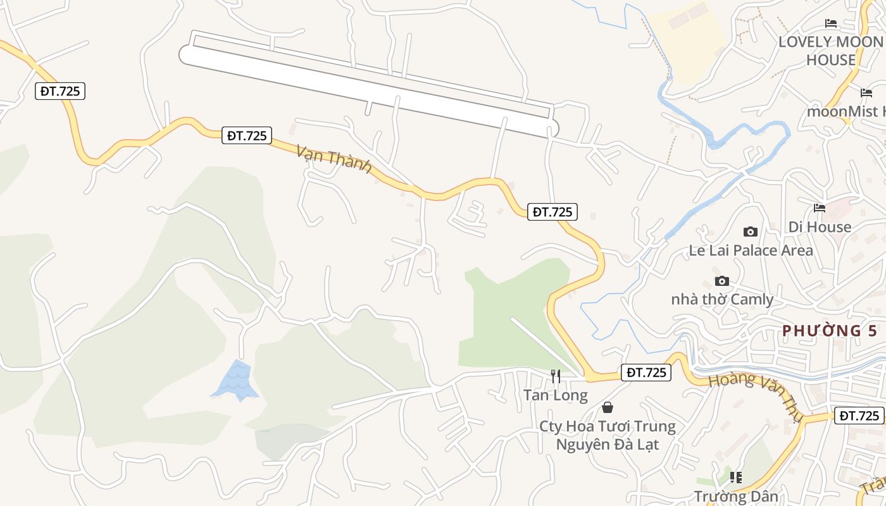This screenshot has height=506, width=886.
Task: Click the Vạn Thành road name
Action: pos(334,157)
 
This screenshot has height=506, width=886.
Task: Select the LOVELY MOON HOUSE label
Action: pos(830,51)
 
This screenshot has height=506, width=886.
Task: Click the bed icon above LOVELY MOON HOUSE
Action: pos(831,23)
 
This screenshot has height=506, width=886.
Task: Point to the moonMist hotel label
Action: pos(845,111)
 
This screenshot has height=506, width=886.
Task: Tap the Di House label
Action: pos(820,226)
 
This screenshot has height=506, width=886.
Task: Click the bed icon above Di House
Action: pos(820,207)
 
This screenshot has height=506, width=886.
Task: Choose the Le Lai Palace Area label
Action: pos(751,250)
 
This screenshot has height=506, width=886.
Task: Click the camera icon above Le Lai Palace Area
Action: pos(751,231)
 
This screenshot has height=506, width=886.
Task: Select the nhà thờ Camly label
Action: pos(722,299)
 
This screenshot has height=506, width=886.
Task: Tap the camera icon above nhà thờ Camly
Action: pos(721,281)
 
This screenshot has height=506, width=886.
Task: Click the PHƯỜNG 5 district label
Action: pos(830,330)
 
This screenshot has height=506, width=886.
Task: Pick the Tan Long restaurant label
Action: pos(555,395)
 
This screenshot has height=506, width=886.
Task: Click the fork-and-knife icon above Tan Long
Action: pos(555,376)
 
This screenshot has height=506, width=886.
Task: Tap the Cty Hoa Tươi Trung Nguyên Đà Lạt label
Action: pos(607,435)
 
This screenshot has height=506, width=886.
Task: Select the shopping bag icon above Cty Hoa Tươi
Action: pos(607,407)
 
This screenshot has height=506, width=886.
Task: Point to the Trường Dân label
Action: pos(736,496)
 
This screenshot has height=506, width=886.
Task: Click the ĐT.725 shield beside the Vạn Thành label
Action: pos(247,135)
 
